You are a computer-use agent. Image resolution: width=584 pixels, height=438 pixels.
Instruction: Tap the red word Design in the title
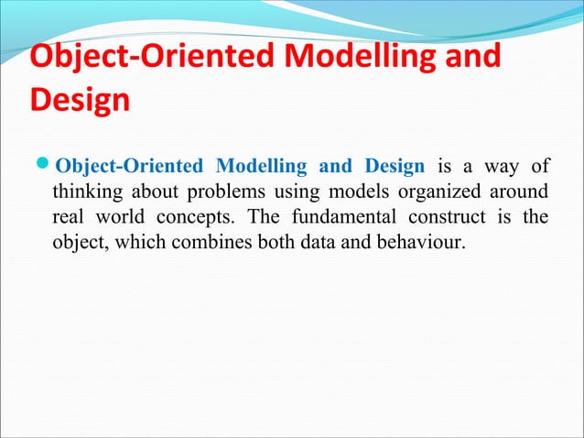coord(80,99)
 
